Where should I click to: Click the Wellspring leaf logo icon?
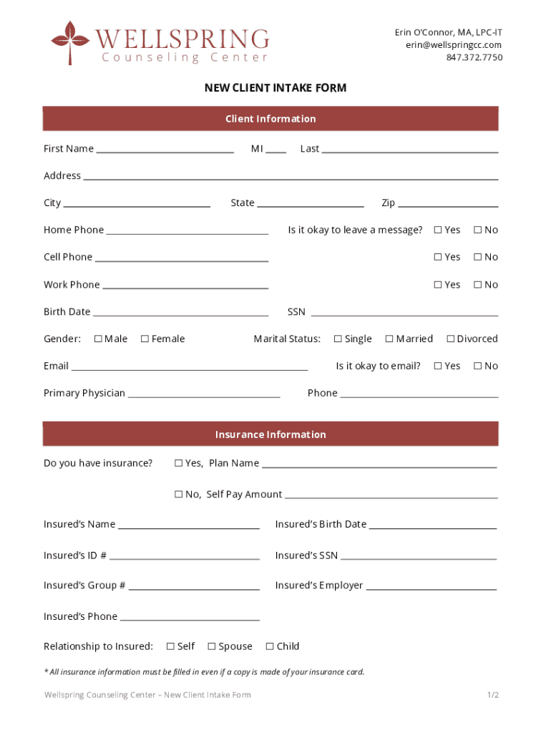[69, 42]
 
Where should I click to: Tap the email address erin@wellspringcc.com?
[454, 45]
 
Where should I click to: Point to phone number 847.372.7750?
[474, 57]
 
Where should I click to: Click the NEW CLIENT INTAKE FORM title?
[275, 88]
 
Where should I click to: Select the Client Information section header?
[270, 119]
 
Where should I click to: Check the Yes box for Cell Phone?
[438, 257]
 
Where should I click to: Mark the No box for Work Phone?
[477, 285]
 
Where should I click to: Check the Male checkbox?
[98, 339]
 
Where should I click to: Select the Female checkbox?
[145, 339]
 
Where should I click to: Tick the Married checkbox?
[389, 339]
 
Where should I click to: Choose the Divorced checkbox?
[451, 339]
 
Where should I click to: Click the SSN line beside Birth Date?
[404, 313]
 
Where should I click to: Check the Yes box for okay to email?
[438, 366]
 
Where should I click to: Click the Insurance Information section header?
[270, 435]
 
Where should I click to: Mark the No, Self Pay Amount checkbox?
[179, 495]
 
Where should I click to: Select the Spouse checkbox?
[212, 646]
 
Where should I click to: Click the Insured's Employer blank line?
[431, 587]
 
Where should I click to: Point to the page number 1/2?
[492, 695]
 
